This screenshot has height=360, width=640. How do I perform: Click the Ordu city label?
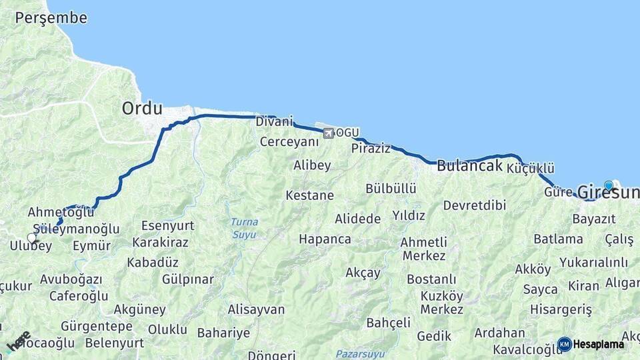pos(142,108)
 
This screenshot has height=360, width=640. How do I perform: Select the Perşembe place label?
pos(51,18)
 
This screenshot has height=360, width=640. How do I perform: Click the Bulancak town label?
pos(469,166)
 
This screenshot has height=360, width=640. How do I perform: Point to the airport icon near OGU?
pos(328,133)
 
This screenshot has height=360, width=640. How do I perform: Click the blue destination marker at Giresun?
pos(608,185)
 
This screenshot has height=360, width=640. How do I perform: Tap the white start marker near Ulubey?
pos(31,237)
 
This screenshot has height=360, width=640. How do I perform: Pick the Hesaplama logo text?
pos(599,344)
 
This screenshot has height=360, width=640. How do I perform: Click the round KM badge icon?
pos(564,344)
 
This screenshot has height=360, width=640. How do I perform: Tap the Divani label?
pos(274,122)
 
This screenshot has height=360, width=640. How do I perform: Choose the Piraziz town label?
pos(371,148)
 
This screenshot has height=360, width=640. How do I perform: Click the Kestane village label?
pos(309,195)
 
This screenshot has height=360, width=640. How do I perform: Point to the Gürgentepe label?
pos(96,327)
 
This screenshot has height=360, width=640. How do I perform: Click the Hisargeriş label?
pos(561,309)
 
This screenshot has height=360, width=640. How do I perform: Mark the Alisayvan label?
pos(256,309)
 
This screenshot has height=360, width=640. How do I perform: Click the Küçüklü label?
pos(531,169)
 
